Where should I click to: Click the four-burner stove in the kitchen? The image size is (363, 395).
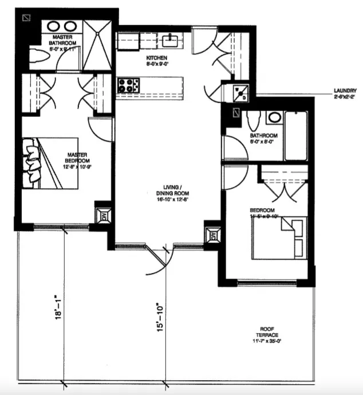coord(129,85)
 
